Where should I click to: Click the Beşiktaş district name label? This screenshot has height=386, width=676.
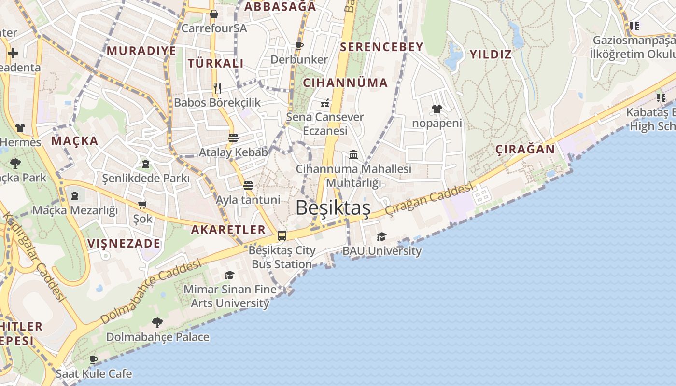click(333, 208)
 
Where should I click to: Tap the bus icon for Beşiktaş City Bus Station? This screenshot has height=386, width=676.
click(282, 236)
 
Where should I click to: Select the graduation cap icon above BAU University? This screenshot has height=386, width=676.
click(381, 236)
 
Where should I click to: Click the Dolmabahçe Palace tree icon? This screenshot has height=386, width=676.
click(157, 322)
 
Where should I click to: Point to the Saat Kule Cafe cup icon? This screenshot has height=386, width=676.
click(94, 359)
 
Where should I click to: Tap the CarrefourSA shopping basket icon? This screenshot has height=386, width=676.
click(214, 14)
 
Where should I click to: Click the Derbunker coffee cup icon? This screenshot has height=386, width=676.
click(299, 45)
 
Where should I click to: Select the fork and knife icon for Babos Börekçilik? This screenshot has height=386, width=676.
click(217, 88)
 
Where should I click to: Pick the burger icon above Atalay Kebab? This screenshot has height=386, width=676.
click(233, 138)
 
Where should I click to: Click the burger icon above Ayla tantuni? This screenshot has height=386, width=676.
click(248, 185)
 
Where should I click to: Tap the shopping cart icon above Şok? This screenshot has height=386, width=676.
click(142, 205)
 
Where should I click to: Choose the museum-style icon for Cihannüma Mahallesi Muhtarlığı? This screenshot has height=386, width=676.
click(353, 154)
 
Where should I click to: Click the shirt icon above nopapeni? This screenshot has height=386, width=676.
click(437, 109)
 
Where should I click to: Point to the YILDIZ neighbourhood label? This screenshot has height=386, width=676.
click(491, 54)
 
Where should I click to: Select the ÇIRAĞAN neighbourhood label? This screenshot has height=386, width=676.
click(525, 149)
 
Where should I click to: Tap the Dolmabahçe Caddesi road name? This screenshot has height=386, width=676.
click(151, 292)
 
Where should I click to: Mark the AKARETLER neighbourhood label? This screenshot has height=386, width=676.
click(228, 230)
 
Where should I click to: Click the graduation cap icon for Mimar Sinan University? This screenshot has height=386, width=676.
click(229, 275)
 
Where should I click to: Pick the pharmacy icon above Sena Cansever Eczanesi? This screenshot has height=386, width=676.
click(325, 103)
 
